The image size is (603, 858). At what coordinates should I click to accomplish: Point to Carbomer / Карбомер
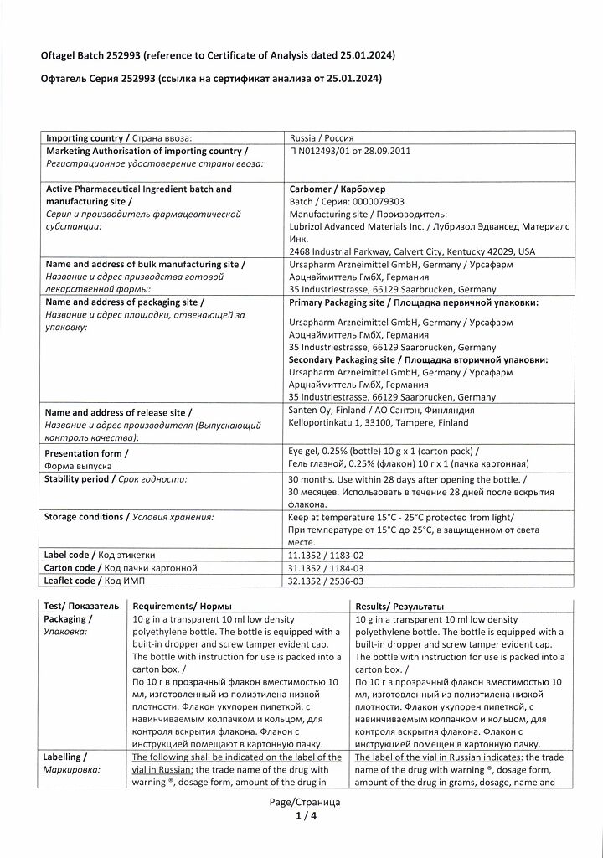click(337, 189)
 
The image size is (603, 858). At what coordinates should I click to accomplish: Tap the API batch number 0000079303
click(369, 202)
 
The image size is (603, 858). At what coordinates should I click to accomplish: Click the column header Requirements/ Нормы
click(183, 606)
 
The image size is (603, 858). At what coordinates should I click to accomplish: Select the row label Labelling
click(63, 757)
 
